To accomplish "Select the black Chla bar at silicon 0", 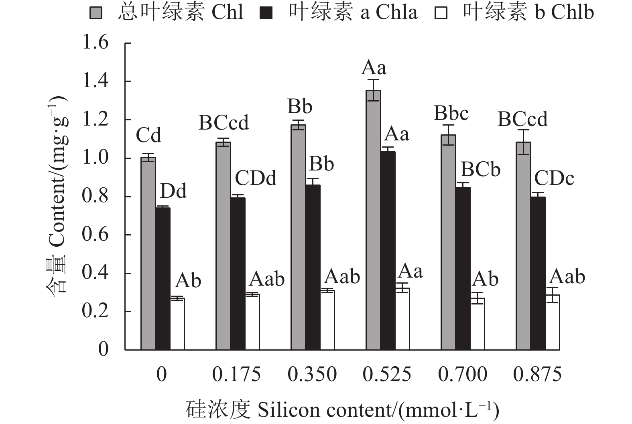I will pyautogui.click(x=163, y=278).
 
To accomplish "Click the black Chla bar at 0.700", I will pyautogui.click(x=463, y=268).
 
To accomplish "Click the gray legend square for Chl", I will pyautogui.click(x=96, y=14).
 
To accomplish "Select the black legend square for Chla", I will pyautogui.click(x=266, y=14).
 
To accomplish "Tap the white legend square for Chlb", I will pyautogui.click(x=440, y=14).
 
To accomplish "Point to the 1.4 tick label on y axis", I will pyautogui.click(x=95, y=81).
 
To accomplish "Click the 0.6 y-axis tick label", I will pyautogui.click(x=95, y=235).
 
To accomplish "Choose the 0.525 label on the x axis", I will pyautogui.click(x=387, y=375).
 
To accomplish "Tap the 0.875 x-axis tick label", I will pyautogui.click(x=537, y=375).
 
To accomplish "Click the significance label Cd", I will pyautogui.click(x=148, y=135).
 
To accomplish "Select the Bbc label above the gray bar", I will pyautogui.click(x=451, y=114).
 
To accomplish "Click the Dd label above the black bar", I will pyautogui.click(x=173, y=191).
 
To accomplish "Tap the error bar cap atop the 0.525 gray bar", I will pyautogui.click(x=374, y=80).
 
